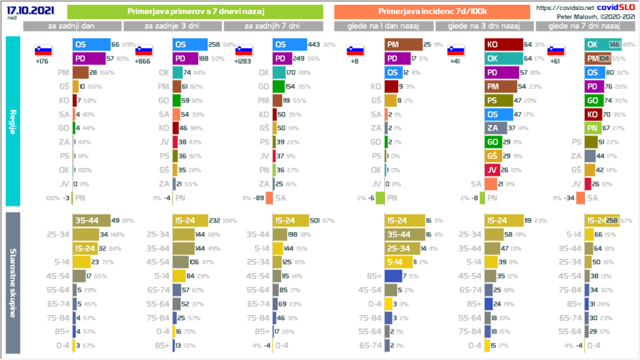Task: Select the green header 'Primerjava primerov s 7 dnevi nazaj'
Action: tap(194, 12)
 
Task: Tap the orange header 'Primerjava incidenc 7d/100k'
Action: tap(432, 12)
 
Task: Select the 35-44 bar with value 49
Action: tap(91, 220)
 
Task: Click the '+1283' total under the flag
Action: tap(243, 62)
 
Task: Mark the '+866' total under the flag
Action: tap(144, 62)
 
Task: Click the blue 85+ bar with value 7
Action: tap(393, 276)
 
